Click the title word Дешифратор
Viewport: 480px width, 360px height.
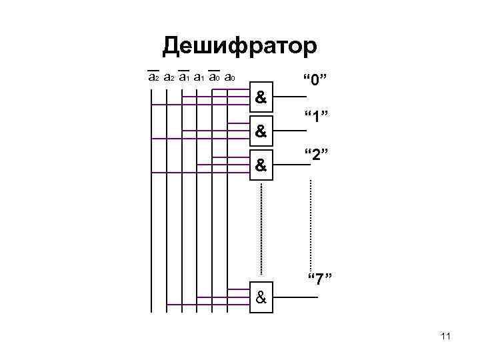(x=241, y=46)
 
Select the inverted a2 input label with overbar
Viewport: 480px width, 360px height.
(x=153, y=77)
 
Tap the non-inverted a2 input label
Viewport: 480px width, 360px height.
(x=169, y=77)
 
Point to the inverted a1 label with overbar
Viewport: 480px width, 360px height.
(x=184, y=77)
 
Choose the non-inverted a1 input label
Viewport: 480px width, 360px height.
(x=199, y=77)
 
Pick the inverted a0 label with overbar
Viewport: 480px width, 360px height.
(x=214, y=77)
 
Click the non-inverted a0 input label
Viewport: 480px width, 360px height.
(x=229, y=77)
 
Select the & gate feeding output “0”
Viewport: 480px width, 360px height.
(x=261, y=99)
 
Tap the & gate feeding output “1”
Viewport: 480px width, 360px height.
(x=261, y=131)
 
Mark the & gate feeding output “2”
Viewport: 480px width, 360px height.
(x=261, y=164)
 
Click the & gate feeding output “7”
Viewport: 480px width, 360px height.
(x=261, y=297)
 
